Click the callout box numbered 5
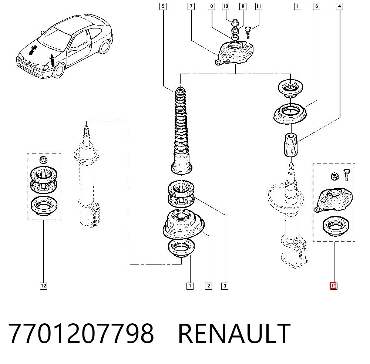coord(163,6)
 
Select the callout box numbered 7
coord(191,6)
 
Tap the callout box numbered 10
coord(225,6)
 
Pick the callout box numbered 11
coord(259,6)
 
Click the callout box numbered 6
coord(316,6)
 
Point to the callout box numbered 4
coord(339,6)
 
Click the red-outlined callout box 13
coord(333,286)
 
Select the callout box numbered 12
coord(43,286)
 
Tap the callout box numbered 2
coord(208,286)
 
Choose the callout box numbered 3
coord(225,286)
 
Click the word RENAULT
coord(234,333)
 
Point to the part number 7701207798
coord(81,333)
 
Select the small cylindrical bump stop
coord(291,145)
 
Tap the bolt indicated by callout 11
coord(248,32)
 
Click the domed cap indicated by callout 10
coord(234,23)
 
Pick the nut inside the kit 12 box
coord(43,160)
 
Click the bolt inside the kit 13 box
coord(347,174)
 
